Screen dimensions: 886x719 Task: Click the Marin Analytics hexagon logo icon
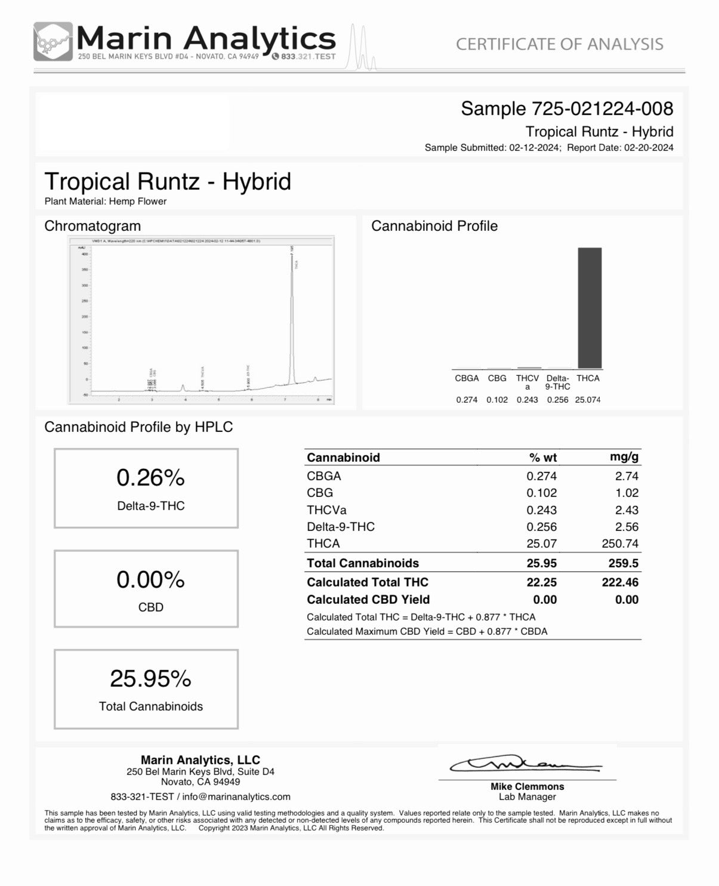pyautogui.click(x=53, y=41)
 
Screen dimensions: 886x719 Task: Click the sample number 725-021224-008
pyautogui.click(x=602, y=109)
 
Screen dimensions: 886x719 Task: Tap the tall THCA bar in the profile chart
pyautogui.click(x=590, y=308)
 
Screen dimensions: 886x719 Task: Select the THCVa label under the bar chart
pyautogui.click(x=527, y=382)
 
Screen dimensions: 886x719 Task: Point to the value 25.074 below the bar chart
pyautogui.click(x=588, y=400)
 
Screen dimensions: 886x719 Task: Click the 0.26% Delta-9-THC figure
pyautogui.click(x=150, y=478)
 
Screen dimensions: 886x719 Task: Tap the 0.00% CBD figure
pyautogui.click(x=150, y=580)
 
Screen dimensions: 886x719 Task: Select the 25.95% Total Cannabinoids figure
pyautogui.click(x=150, y=679)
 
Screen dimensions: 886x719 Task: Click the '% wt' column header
pyautogui.click(x=542, y=458)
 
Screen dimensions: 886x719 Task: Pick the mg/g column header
pyautogui.click(x=624, y=457)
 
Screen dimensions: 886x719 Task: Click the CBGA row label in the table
pyautogui.click(x=324, y=476)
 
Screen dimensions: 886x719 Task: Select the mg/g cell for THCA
pyautogui.click(x=620, y=544)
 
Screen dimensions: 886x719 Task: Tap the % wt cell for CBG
pyautogui.click(x=541, y=493)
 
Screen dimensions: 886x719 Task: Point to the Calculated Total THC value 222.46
pyautogui.click(x=620, y=582)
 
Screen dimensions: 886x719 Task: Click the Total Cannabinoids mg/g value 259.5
pyautogui.click(x=623, y=563)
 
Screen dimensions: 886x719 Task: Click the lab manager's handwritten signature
pyautogui.click(x=525, y=764)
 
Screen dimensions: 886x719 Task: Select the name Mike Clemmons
pyautogui.click(x=527, y=786)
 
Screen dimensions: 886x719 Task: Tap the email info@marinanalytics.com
pyautogui.click(x=236, y=797)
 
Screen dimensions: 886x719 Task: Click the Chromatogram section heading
pyautogui.click(x=92, y=226)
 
